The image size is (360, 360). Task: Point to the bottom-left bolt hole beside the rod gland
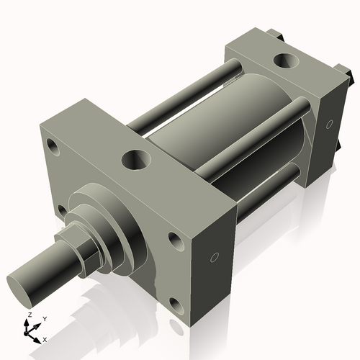point(62,210)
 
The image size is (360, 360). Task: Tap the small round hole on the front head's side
point(214,258)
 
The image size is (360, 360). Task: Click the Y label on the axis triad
point(44,318)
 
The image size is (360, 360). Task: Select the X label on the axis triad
point(45,338)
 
